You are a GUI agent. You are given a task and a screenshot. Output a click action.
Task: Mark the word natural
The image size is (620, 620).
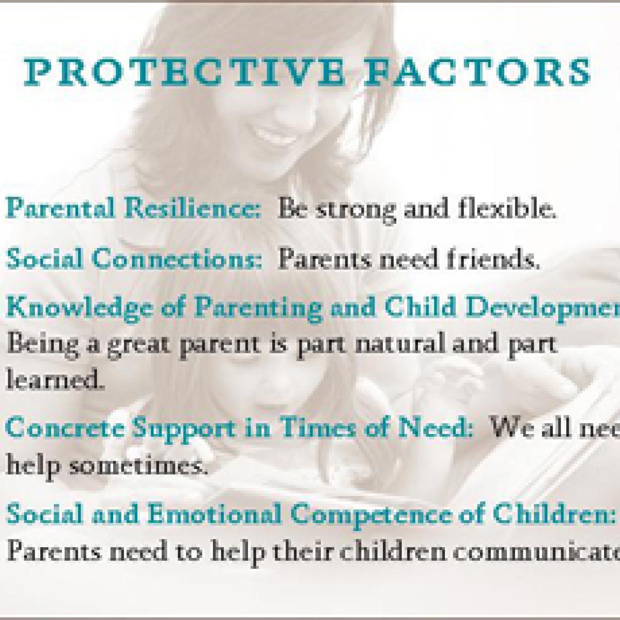[x=391, y=345]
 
